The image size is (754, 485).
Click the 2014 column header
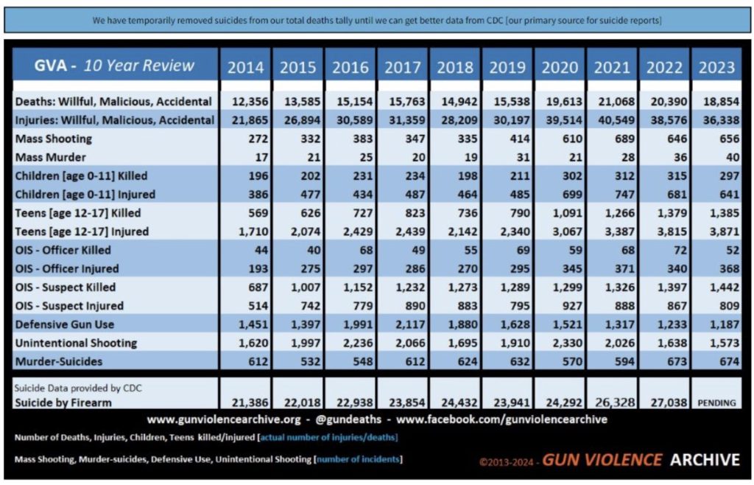pos(244,68)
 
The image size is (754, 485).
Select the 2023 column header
pos(716,68)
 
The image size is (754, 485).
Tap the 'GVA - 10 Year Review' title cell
pos(115,66)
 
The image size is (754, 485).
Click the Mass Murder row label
pos(50,157)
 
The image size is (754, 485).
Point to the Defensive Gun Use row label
pos(66,324)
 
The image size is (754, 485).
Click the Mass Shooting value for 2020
pos(560,139)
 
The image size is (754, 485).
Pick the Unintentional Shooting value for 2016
pos(350,343)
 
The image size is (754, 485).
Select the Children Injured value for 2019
pos(509,195)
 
